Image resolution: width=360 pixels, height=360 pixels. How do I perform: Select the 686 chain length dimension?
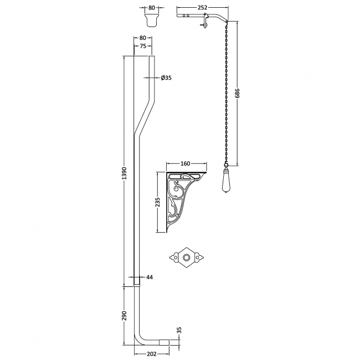point(238,94)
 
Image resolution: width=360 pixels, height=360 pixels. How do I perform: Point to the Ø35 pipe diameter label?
point(166,78)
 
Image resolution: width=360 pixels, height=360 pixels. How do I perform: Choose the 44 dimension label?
point(150,276)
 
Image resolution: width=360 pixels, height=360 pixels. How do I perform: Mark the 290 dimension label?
point(125,315)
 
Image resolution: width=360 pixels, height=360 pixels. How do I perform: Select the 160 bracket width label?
point(186,163)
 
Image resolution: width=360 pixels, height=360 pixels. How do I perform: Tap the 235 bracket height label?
point(158,203)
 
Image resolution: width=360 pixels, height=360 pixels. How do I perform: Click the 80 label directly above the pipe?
point(143,38)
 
